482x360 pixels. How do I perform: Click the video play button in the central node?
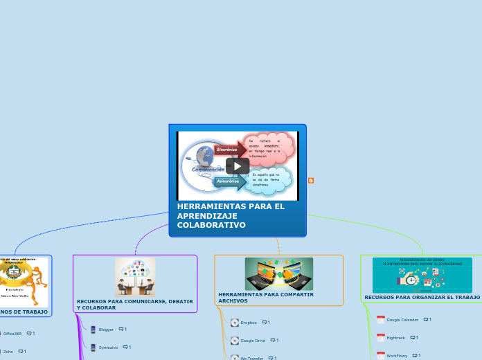(237, 166)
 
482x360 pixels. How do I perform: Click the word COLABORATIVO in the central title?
(211, 225)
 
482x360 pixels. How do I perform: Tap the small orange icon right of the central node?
(311, 181)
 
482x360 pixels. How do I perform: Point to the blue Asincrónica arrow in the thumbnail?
(229, 181)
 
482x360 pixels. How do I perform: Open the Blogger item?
(106, 330)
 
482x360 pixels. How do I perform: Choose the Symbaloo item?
(108, 347)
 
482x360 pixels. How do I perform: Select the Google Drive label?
(252, 341)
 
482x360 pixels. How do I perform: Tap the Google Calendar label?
(402, 320)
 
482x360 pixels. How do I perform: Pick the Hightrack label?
(396, 338)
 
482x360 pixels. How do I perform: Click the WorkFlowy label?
(397, 355)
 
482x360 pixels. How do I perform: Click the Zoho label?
(8, 352)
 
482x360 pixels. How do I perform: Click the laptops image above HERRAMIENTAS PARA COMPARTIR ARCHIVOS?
(278, 274)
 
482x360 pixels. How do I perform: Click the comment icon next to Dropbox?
(265, 323)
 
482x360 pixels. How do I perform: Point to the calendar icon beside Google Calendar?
(380, 320)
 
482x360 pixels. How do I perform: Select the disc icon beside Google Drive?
(234, 341)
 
